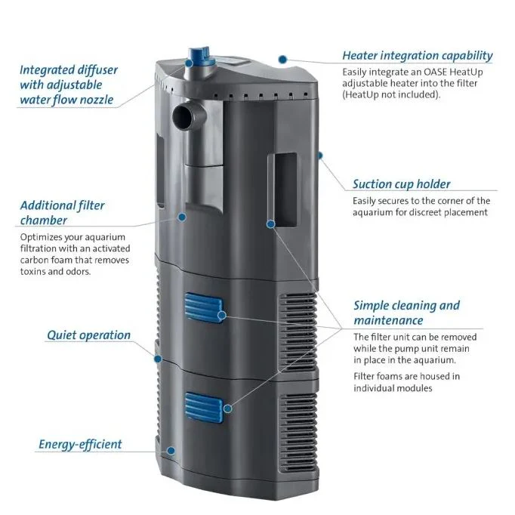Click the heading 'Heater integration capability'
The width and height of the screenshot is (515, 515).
pyautogui.click(x=417, y=56)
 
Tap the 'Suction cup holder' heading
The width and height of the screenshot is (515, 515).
pyautogui.click(x=402, y=184)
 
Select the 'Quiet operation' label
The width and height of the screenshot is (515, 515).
pyautogui.click(x=88, y=335)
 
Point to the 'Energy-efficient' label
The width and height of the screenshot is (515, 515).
pyautogui.click(x=80, y=444)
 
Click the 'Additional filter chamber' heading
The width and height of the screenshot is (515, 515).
pyautogui.click(x=63, y=213)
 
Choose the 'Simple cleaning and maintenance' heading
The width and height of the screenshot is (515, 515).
pyautogui.click(x=406, y=313)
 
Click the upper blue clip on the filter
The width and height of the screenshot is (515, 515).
pyautogui.click(x=204, y=308)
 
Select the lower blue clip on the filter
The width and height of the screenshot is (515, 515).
pyautogui.click(x=205, y=408)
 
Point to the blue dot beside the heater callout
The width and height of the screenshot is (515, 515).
pyautogui.click(x=282, y=60)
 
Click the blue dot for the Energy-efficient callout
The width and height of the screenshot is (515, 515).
pyautogui.click(x=171, y=451)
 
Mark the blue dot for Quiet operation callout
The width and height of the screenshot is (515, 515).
pyautogui.click(x=158, y=359)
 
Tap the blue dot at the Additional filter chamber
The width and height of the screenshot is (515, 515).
pyautogui.click(x=182, y=217)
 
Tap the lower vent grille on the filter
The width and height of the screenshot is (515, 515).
pyautogui.click(x=298, y=433)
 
